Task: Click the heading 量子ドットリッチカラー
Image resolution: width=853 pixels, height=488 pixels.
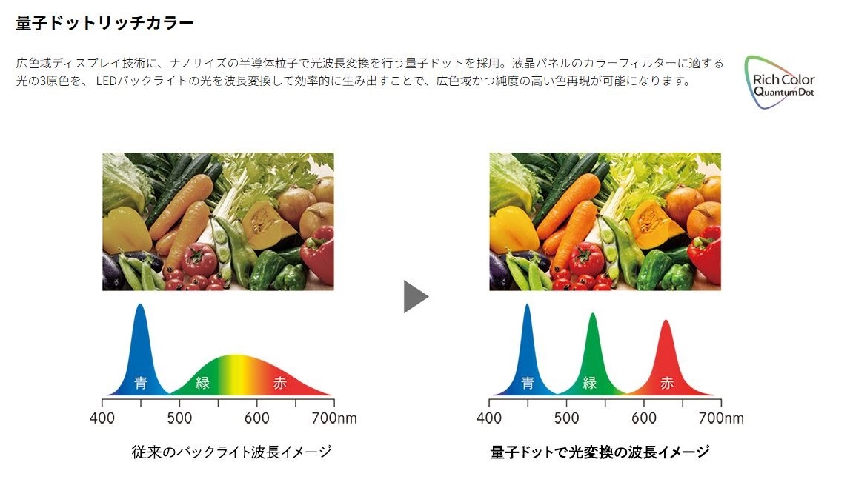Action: click(104, 23)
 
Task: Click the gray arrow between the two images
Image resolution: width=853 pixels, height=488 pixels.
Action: click(416, 297)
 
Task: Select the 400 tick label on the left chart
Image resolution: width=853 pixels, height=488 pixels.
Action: click(102, 418)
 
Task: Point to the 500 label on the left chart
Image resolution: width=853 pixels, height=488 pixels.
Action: click(179, 418)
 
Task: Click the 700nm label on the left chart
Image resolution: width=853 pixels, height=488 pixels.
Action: click(334, 418)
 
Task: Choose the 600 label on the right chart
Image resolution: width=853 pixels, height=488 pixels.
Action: click(643, 418)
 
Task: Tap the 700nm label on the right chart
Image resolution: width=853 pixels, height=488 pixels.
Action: click(721, 418)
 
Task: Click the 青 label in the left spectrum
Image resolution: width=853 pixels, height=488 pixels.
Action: click(141, 383)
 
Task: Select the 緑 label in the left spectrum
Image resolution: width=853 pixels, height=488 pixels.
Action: click(203, 383)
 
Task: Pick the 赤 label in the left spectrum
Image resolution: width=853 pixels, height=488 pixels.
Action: click(279, 383)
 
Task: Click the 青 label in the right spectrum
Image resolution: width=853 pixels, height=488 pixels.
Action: click(528, 383)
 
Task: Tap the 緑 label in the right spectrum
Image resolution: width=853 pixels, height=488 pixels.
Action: click(590, 383)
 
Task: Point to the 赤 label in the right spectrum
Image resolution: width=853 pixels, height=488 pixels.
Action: click(667, 383)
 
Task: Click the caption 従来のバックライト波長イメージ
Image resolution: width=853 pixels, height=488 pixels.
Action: click(231, 452)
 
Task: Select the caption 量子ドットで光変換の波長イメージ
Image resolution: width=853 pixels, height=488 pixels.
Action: click(600, 452)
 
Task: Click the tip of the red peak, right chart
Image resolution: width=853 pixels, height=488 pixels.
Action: click(666, 321)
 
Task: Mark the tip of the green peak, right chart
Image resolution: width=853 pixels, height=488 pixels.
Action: click(592, 313)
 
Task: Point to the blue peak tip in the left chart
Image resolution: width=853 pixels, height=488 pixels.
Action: click(140, 304)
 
